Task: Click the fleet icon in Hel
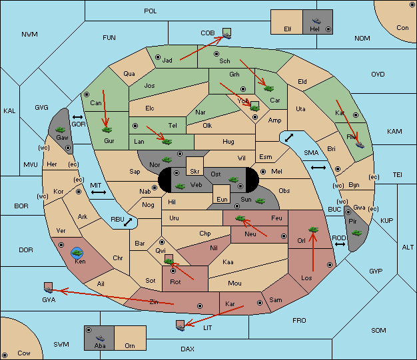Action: click(316, 21)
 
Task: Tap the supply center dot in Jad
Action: click(158, 57)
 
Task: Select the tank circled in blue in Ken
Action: click(77, 253)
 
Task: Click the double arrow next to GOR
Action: click(77, 117)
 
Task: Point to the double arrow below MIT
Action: click(99, 192)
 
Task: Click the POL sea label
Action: click(151, 11)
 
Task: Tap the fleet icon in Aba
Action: click(100, 338)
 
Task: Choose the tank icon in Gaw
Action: click(61, 130)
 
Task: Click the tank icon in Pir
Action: click(356, 233)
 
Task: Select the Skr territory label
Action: click(195, 172)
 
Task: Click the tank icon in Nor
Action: click(167, 160)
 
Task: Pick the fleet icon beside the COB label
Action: click(227, 36)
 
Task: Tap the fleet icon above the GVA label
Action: click(48, 289)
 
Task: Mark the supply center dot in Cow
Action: click(5, 355)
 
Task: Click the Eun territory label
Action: click(222, 199)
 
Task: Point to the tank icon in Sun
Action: click(260, 201)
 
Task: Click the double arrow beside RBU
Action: click(128, 222)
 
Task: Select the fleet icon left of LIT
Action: click(180, 328)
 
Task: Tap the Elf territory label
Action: click(288, 29)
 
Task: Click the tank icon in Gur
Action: click(107, 130)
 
